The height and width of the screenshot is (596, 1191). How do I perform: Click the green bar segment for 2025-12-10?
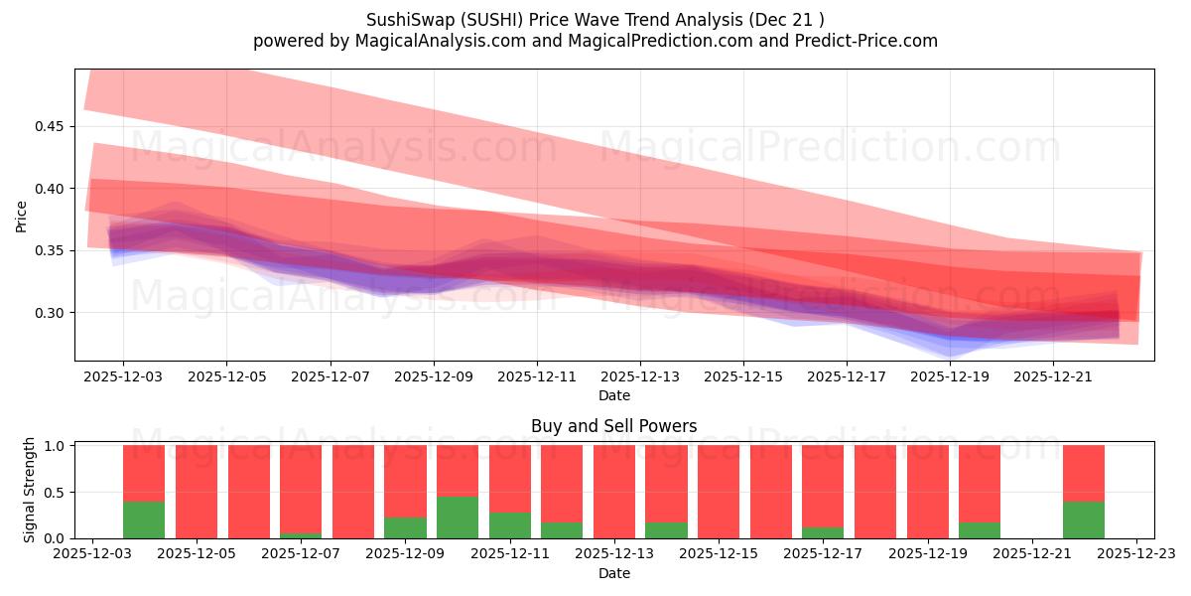(x=458, y=518)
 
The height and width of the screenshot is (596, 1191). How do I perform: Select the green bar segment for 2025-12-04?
(x=144, y=520)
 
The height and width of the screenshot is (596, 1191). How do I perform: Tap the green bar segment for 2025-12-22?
(x=1084, y=520)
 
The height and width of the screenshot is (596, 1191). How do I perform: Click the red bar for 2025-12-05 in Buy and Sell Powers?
(x=197, y=492)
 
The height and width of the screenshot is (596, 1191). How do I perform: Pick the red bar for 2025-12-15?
(x=719, y=492)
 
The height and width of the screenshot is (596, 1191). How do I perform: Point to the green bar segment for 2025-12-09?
(x=405, y=527)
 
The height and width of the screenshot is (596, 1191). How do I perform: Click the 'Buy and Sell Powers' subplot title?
(x=613, y=426)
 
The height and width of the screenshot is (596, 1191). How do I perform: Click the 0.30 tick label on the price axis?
(x=49, y=313)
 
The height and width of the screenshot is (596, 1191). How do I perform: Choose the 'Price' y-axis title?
(x=21, y=217)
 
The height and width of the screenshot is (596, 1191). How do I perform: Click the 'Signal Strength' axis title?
(x=30, y=490)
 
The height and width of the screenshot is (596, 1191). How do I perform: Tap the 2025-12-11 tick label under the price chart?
(x=537, y=377)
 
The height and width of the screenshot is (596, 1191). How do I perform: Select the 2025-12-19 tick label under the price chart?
(x=950, y=377)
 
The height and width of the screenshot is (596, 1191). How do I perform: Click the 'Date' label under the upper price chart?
(x=613, y=395)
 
